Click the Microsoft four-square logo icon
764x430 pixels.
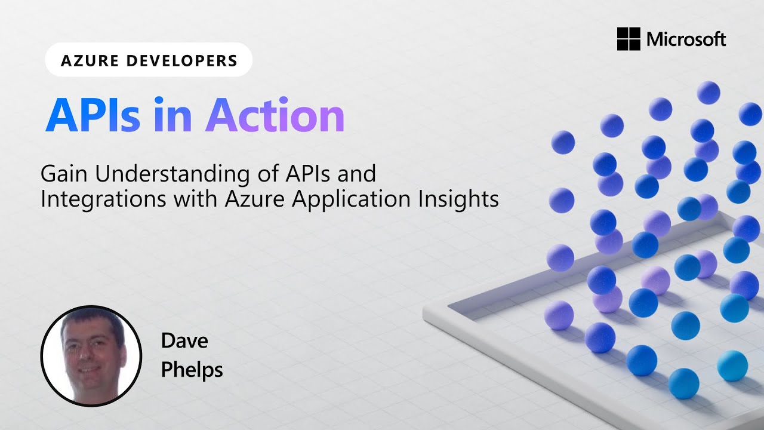point(629,39)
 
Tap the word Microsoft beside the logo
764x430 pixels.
point(686,40)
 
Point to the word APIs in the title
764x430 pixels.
point(93,115)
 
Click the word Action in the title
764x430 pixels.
point(275,115)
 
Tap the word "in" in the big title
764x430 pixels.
point(172,115)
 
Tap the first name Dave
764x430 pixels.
point(184,341)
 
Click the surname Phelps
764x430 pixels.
point(192,370)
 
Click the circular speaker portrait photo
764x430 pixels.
point(91,356)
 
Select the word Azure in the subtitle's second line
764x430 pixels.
point(254,199)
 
